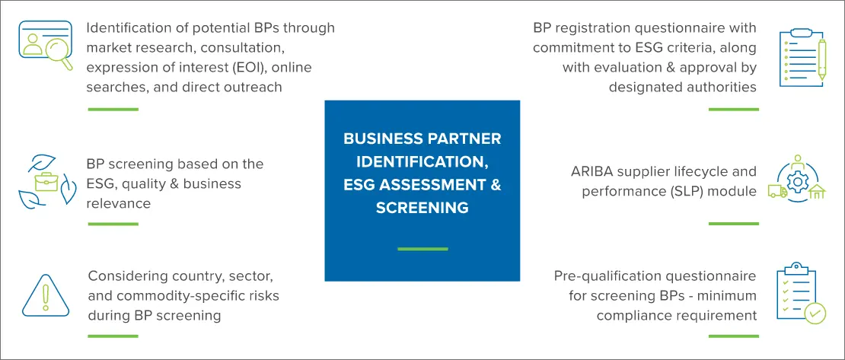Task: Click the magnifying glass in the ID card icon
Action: point(58,55)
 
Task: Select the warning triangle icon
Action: point(45,295)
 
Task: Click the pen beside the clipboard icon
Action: point(821,60)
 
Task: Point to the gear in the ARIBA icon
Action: point(796,182)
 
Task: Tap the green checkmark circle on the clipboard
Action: point(815,313)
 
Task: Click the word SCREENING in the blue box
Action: point(422,208)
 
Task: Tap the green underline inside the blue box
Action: point(422,249)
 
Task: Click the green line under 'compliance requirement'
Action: point(733,336)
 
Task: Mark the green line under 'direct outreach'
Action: point(113,110)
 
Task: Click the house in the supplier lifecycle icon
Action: point(817,191)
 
